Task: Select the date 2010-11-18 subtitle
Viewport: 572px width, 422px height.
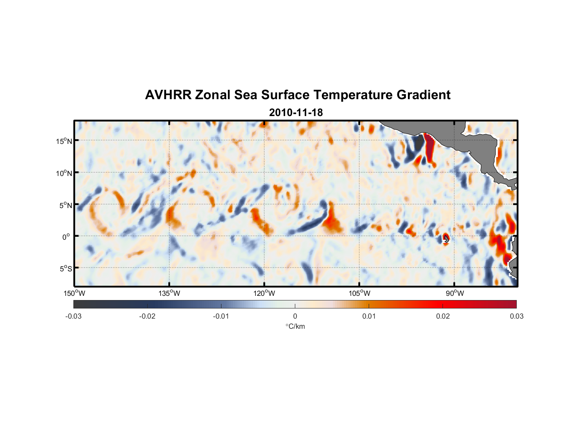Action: click(296, 113)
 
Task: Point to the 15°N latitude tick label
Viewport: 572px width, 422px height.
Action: click(64, 141)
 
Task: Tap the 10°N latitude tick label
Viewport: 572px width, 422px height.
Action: click(64, 173)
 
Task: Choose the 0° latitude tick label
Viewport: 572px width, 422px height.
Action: click(66, 237)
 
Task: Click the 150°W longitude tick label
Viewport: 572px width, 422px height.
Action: click(74, 293)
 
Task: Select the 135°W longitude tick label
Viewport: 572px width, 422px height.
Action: click(170, 293)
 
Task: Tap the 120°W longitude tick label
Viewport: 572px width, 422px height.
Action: click(264, 293)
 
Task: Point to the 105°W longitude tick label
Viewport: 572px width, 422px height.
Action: click(360, 293)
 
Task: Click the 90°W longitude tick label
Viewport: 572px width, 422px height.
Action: click(455, 293)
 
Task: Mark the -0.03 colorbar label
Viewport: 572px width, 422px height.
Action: click(73, 316)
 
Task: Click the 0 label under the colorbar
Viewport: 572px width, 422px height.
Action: click(295, 316)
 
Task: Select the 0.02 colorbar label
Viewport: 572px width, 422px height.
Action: click(443, 316)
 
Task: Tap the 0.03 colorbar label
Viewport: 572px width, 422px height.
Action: click(516, 316)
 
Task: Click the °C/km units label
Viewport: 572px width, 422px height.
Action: click(295, 326)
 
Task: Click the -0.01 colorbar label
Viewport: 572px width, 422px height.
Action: click(221, 316)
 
